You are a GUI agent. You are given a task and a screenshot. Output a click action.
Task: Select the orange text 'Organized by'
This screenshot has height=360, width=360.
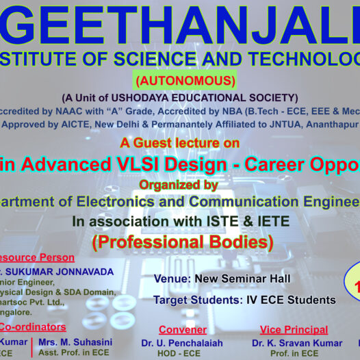coord(179,185)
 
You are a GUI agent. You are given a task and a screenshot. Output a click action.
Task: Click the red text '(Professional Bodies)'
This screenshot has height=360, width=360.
coord(182,242)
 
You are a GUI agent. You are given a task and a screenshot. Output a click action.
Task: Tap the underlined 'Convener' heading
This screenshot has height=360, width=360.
coord(182,330)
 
